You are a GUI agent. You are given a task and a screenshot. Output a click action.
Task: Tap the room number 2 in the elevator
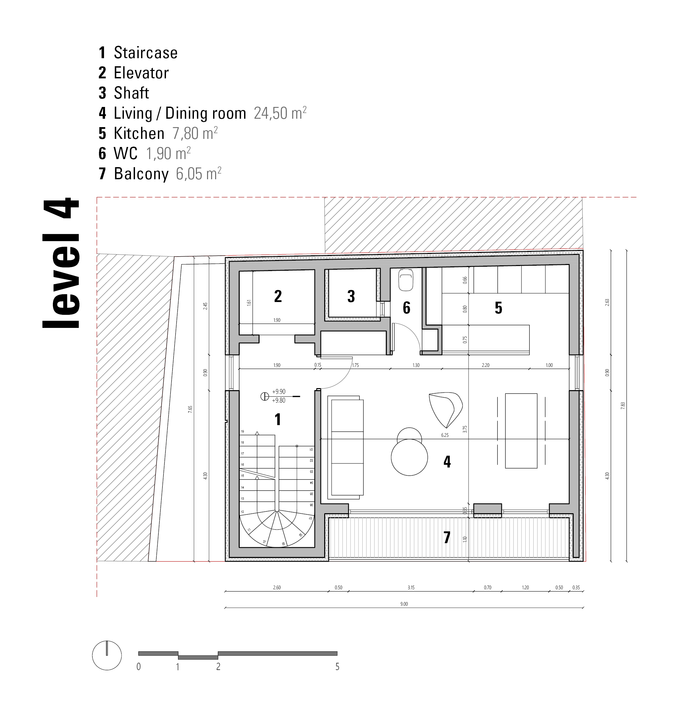[x=278, y=296]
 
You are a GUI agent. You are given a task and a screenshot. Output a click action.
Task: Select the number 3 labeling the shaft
[x=351, y=296]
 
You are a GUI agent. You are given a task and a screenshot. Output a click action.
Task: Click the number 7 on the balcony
[x=447, y=537]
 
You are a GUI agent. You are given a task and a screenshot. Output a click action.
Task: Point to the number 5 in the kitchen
[x=498, y=308]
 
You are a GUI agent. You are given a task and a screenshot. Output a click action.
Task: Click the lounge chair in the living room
[x=445, y=409]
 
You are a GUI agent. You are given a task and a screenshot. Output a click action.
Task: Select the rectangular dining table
[x=521, y=430]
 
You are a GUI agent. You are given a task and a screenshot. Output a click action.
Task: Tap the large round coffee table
[x=409, y=457]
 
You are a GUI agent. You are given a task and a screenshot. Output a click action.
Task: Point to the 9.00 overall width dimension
[x=404, y=604]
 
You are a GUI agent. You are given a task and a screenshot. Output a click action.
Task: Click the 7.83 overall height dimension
[x=623, y=405]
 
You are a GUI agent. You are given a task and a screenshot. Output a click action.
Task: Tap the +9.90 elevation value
[x=279, y=391]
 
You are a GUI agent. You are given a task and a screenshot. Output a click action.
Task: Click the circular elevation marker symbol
[x=265, y=397]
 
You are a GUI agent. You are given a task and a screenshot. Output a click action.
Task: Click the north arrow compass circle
[x=107, y=655]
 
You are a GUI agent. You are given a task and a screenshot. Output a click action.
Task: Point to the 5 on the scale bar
[x=337, y=667]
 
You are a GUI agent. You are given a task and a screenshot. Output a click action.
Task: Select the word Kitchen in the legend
[x=139, y=134]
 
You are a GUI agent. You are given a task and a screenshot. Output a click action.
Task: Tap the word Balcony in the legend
[x=141, y=174]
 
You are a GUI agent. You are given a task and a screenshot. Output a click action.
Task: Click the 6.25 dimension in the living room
[x=445, y=435]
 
